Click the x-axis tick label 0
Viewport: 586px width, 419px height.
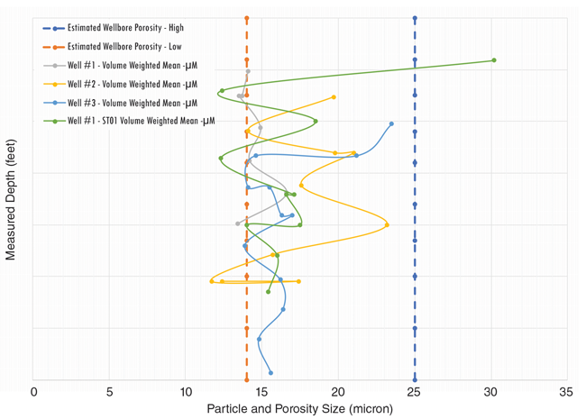click(34, 392)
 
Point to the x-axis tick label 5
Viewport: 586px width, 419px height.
click(110, 392)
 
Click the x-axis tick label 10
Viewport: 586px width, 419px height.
click(186, 392)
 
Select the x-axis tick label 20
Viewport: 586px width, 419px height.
click(338, 392)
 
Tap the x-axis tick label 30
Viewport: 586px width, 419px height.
click(490, 392)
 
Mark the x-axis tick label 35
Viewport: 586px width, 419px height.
click(566, 392)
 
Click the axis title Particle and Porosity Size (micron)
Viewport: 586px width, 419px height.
click(300, 408)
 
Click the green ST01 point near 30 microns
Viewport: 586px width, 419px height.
click(494, 60)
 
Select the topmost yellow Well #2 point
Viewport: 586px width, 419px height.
click(334, 97)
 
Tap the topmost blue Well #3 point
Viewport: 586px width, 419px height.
click(391, 123)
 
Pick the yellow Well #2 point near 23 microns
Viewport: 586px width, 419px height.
click(387, 224)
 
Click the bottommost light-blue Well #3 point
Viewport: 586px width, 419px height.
click(270, 372)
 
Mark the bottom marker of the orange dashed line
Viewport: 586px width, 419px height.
click(247, 379)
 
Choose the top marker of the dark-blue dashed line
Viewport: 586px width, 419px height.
click(415, 18)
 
